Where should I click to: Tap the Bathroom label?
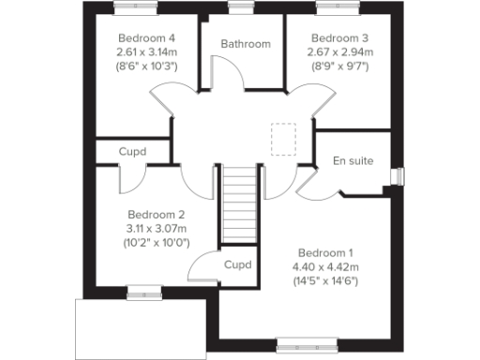(246, 44)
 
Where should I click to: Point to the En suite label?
(353, 161)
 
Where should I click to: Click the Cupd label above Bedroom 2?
(133, 151)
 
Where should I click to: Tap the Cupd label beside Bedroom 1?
(238, 265)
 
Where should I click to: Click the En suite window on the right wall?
(397, 176)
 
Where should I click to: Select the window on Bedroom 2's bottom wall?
(141, 290)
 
